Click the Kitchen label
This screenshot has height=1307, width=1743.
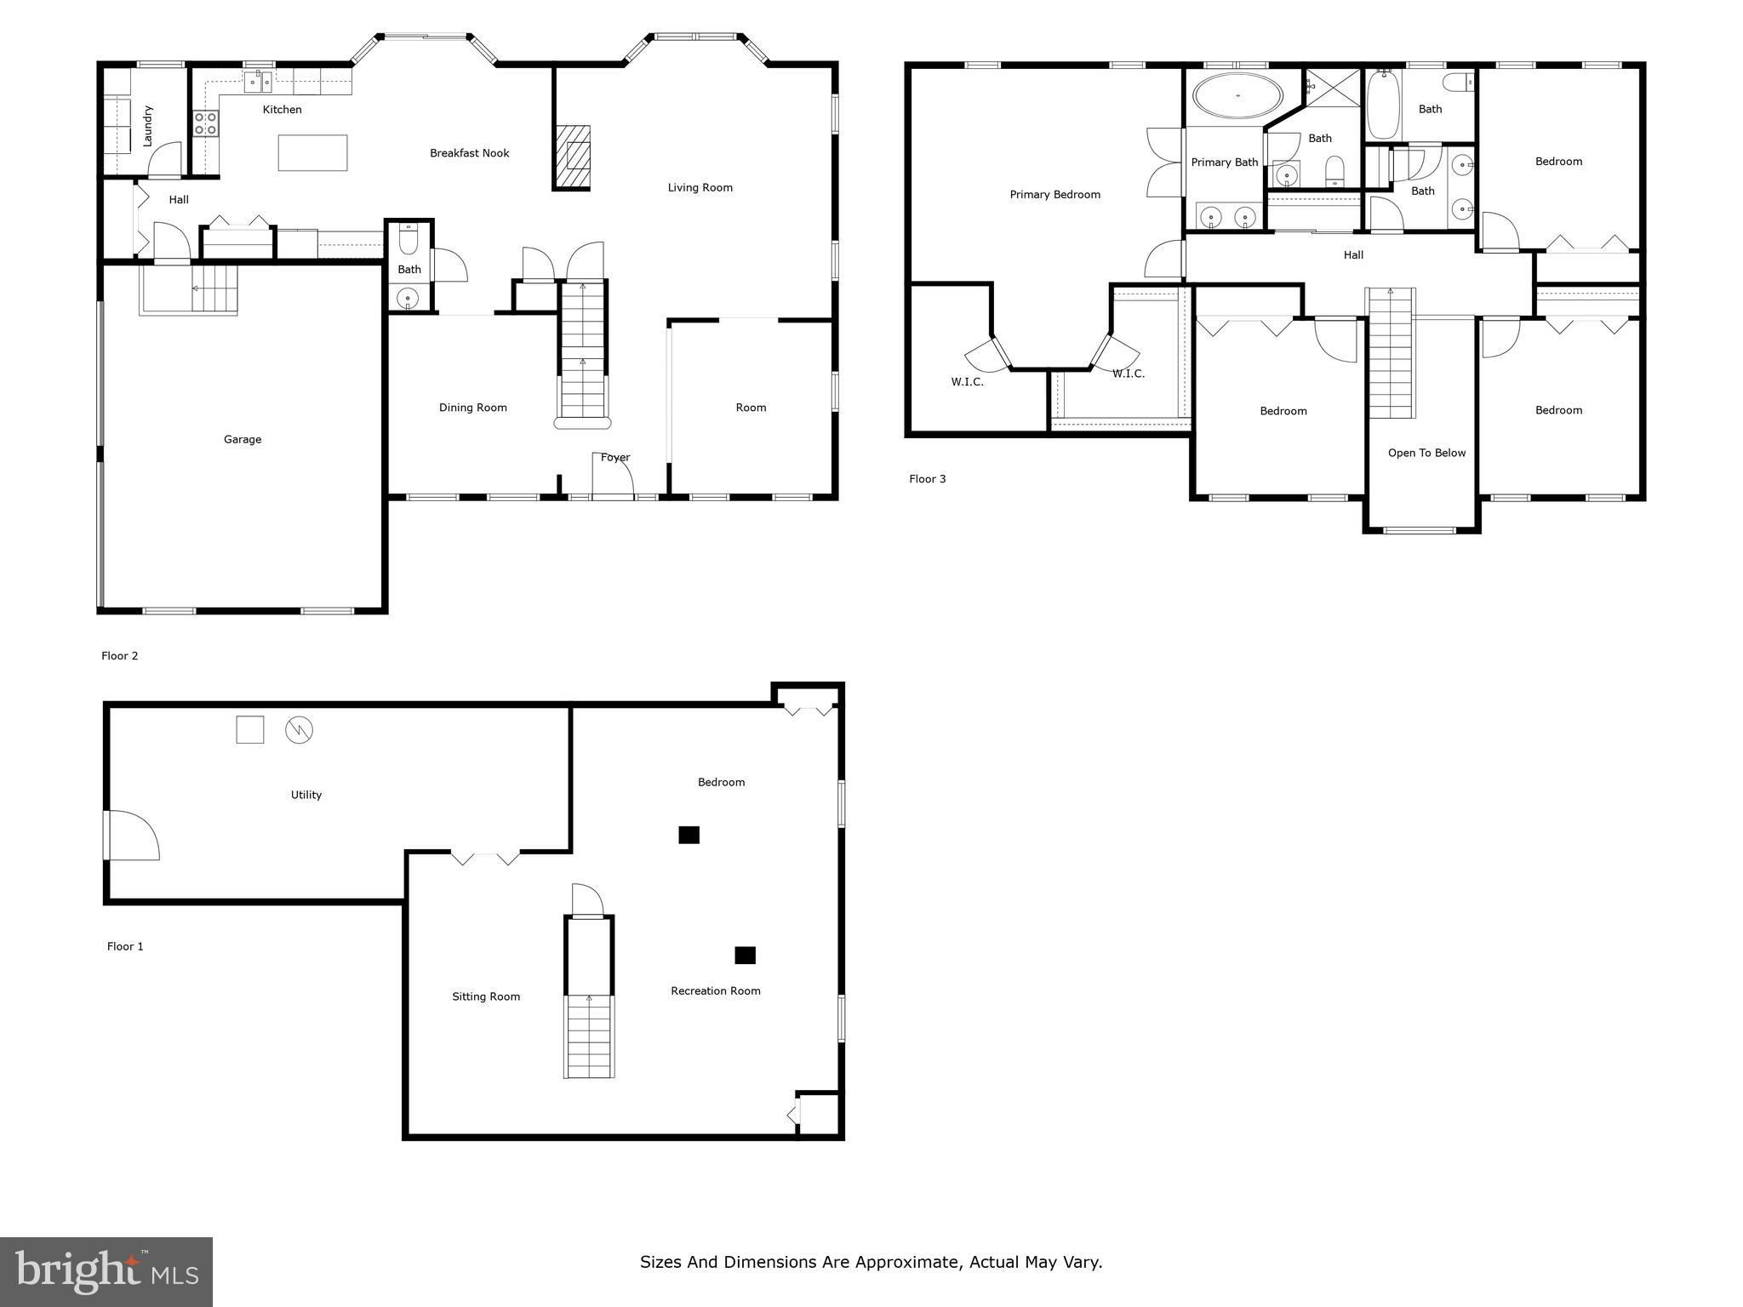click(x=282, y=110)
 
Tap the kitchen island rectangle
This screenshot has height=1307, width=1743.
click(x=312, y=153)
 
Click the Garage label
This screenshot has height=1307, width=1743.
click(x=243, y=440)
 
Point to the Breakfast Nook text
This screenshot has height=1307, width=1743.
click(x=469, y=153)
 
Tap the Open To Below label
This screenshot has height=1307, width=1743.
click(x=1426, y=454)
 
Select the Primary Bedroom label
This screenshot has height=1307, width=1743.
click(x=1054, y=195)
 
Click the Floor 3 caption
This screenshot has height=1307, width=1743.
click(x=927, y=479)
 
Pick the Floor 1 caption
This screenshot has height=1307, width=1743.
click(x=125, y=946)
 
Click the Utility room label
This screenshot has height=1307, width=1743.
click(x=306, y=795)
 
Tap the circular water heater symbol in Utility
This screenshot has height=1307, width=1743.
click(x=299, y=729)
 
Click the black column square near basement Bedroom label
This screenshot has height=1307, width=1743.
click(x=689, y=835)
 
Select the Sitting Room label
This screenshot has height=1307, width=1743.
click(x=485, y=996)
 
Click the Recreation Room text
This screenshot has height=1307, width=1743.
click(x=715, y=990)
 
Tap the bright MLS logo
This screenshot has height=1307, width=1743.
click(x=106, y=1271)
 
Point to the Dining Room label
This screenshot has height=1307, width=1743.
click(x=472, y=408)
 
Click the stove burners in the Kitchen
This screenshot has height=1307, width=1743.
click(x=205, y=123)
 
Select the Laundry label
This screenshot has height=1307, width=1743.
click(x=148, y=126)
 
